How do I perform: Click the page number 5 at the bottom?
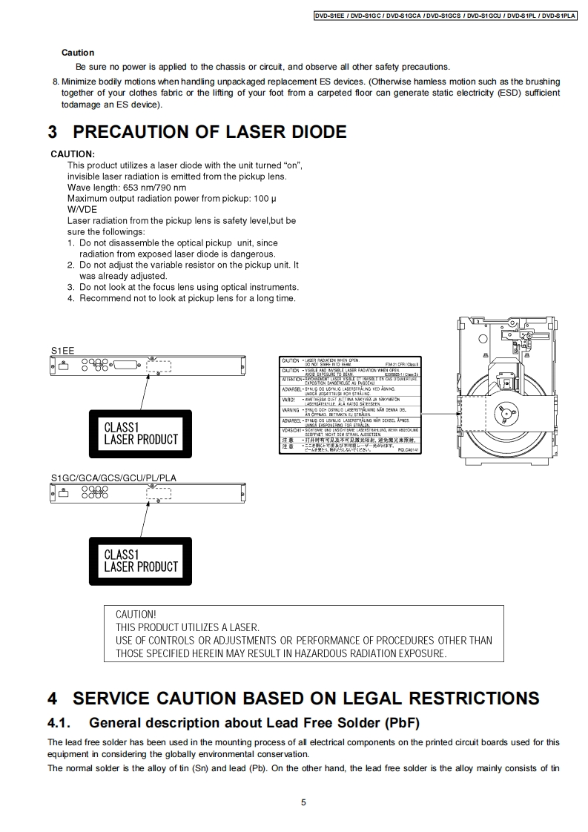tap(303, 802)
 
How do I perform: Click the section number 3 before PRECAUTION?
tap(53, 132)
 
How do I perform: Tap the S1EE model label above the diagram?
tap(63, 350)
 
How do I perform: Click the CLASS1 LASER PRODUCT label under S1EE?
tap(141, 433)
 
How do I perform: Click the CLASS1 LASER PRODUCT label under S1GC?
tap(141, 561)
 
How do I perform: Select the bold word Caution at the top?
tap(78, 53)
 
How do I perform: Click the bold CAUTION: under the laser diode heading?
tap(73, 153)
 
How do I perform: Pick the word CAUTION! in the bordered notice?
tap(136, 615)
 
